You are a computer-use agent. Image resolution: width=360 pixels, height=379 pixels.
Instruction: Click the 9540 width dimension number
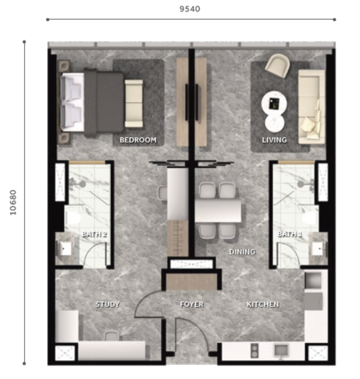click(190, 9)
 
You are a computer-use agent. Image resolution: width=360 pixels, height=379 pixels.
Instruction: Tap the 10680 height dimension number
click(13, 202)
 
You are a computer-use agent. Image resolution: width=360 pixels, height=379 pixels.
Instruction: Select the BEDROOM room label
click(138, 140)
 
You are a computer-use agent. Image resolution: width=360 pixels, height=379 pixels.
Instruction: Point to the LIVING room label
click(274, 140)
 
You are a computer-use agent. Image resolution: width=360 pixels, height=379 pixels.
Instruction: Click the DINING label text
click(242, 252)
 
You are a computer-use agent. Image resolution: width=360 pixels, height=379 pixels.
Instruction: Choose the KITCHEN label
click(263, 304)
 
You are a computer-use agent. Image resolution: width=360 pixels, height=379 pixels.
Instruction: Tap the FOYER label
click(192, 304)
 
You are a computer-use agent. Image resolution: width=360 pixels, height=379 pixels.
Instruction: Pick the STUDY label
click(107, 304)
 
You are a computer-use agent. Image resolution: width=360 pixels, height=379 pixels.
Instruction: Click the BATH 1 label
click(289, 234)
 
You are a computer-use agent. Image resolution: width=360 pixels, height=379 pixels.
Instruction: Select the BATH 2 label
click(95, 234)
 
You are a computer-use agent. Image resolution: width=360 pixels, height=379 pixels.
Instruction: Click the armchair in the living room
click(278, 65)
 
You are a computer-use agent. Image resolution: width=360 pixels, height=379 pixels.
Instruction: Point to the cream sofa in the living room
click(312, 107)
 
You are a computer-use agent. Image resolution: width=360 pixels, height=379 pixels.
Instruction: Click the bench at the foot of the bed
click(134, 103)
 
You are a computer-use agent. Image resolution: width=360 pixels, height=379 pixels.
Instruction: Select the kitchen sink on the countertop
click(281, 350)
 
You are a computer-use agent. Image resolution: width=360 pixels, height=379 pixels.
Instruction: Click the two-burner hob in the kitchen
click(254, 350)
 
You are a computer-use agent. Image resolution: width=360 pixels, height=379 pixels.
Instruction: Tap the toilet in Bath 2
click(72, 218)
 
